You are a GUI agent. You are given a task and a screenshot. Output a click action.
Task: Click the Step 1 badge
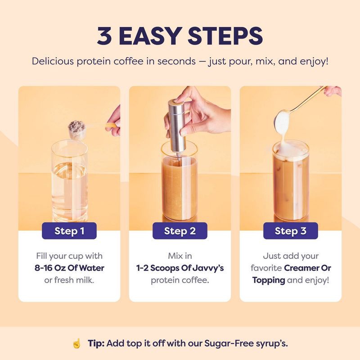pos(69,231)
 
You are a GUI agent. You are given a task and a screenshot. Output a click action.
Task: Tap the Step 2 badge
pos(180,231)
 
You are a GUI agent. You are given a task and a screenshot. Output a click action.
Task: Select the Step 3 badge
pos(290,231)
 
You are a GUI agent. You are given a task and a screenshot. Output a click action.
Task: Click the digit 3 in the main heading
pos(105,36)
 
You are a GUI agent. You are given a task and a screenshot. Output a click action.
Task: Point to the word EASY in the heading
pos(156,36)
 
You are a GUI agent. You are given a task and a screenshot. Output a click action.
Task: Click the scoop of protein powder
pos(77,127)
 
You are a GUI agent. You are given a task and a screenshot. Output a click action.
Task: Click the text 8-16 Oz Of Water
pos(69,268)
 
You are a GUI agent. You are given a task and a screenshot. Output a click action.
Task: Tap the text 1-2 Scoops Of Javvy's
pos(180,268)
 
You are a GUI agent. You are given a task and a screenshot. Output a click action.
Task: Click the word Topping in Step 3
pos(269,280)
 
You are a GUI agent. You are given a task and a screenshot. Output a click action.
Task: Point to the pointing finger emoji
pos(76,343)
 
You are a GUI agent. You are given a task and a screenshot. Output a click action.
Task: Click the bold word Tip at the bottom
pos(96,343)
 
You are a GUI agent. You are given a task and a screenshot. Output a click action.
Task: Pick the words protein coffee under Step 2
pos(180,280)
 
